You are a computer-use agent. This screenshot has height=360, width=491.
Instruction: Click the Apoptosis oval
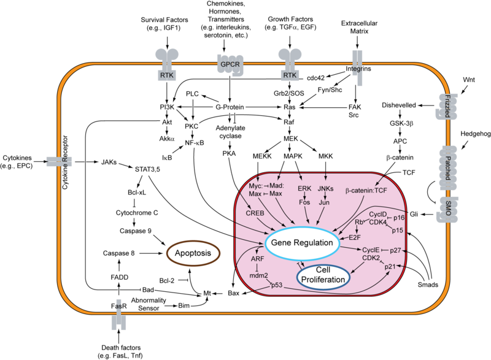pos(191,252)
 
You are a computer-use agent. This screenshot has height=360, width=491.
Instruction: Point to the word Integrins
pos(359,69)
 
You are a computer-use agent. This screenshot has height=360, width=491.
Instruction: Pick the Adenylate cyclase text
pos(231,133)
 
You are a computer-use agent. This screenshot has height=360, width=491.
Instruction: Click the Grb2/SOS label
pos(289,94)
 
